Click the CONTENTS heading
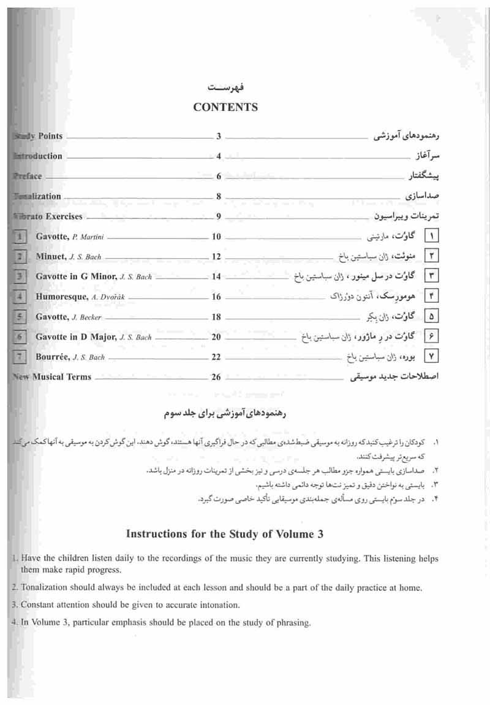(x=225, y=107)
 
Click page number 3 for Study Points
(x=219, y=137)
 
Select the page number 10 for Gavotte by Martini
(x=216, y=237)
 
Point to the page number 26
(x=216, y=377)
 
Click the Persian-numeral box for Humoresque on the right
(x=432, y=297)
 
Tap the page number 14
(x=216, y=276)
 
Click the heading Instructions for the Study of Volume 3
(x=224, y=534)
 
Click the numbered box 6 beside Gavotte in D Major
(x=20, y=337)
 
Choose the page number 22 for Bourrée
(x=216, y=357)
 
